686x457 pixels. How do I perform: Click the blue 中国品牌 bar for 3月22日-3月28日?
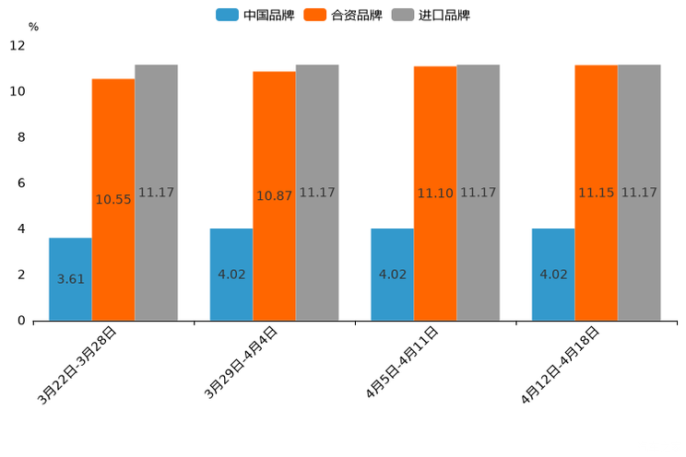[70, 279]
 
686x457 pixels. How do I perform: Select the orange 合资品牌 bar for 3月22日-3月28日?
[112, 200]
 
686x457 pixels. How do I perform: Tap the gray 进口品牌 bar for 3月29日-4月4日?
[317, 193]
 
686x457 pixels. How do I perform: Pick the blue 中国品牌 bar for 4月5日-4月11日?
[392, 275]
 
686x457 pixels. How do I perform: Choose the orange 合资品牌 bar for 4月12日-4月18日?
[596, 193]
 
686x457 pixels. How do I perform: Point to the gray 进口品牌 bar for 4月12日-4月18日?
[639, 193]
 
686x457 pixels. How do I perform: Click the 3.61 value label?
[70, 279]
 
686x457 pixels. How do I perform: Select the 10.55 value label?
[113, 200]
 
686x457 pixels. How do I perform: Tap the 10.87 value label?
[275, 196]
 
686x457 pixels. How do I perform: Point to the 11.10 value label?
[435, 193]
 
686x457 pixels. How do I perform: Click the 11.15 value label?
[596, 193]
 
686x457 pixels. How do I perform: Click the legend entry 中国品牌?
[255, 15]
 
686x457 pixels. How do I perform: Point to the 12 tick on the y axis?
[17, 46]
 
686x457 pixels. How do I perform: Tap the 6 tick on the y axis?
[20, 183]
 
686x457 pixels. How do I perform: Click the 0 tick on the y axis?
[20, 321]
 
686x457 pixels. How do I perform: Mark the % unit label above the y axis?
[33, 27]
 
